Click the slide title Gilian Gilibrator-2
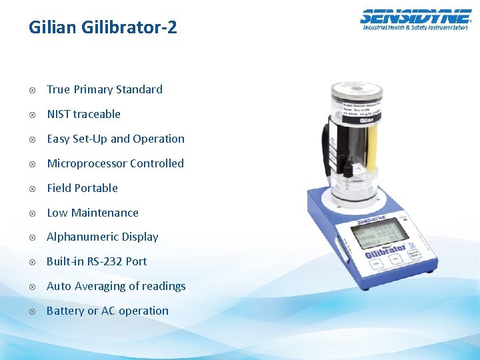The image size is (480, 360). tap(103, 28)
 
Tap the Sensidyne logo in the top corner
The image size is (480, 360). tap(415, 19)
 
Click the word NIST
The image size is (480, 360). tap(59, 114)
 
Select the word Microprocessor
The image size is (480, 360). tap(87, 163)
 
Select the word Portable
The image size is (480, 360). tap(96, 188)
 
